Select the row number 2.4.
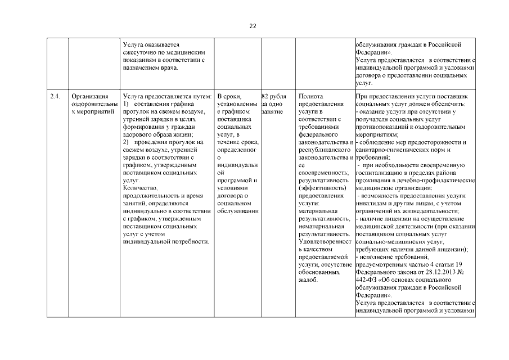click(55, 96)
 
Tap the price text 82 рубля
click(274, 96)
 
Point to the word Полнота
click(312, 96)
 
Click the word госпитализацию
click(380, 174)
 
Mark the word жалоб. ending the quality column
click(309, 280)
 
